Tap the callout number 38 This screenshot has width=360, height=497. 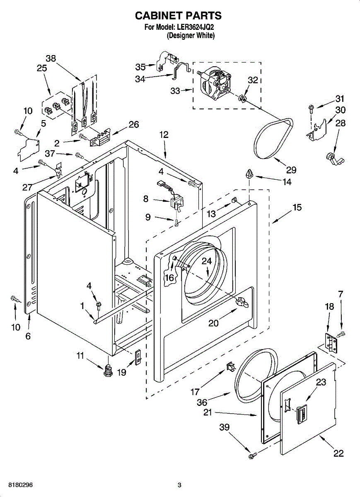51,58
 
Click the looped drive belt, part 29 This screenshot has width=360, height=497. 273,138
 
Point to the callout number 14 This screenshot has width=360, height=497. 287,182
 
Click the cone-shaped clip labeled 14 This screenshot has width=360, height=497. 249,173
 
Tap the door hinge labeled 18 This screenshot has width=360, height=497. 331,343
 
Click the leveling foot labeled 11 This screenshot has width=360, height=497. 108,370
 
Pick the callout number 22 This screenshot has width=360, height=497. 338,453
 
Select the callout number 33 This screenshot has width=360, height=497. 175,91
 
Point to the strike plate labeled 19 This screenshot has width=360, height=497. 138,357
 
